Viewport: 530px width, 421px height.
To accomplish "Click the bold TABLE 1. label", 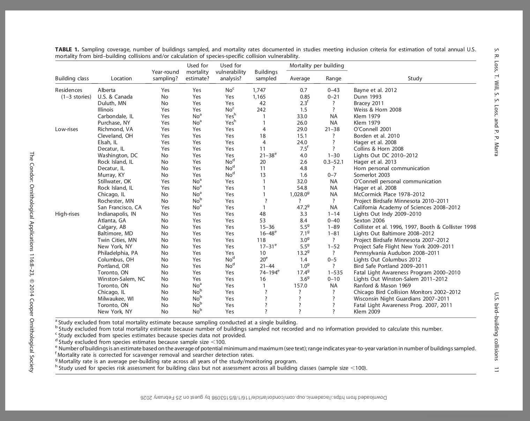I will click(67, 50).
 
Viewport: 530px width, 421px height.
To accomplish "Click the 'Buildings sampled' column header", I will click(266, 75).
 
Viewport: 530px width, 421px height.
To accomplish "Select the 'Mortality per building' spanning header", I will click(316, 66).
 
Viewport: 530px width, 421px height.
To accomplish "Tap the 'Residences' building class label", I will click(69, 90).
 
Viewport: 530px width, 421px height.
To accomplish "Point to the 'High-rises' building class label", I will click(67, 214).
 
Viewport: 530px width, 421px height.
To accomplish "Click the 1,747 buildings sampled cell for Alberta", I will click(259, 90).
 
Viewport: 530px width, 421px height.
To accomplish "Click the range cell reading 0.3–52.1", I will click(333, 162).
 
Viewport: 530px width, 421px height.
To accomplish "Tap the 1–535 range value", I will click(333, 273).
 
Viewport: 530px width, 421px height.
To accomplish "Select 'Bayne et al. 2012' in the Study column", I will click(375, 90).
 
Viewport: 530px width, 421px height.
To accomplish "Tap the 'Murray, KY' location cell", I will click(111, 175).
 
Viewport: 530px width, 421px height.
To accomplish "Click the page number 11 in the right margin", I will click(497, 369).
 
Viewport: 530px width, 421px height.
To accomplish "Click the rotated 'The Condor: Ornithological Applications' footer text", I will click(31, 262).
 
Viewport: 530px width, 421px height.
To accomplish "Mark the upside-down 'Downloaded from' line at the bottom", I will click(264, 398).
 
